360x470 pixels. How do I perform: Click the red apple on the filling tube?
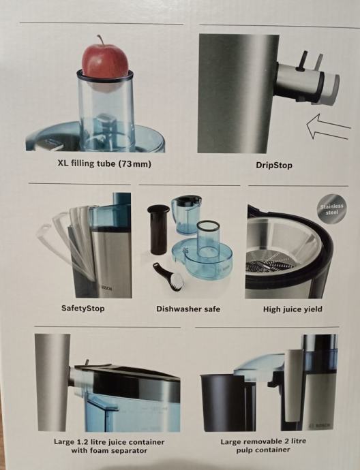(105, 61)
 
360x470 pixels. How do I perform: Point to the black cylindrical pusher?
(158, 230)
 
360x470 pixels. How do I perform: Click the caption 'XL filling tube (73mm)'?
(104, 164)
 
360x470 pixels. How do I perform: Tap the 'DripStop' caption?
(273, 165)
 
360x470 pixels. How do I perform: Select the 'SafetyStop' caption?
(82, 308)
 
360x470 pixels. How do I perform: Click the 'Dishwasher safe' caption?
(188, 309)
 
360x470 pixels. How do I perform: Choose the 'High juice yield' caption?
(292, 309)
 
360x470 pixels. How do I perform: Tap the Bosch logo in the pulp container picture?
(320, 426)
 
